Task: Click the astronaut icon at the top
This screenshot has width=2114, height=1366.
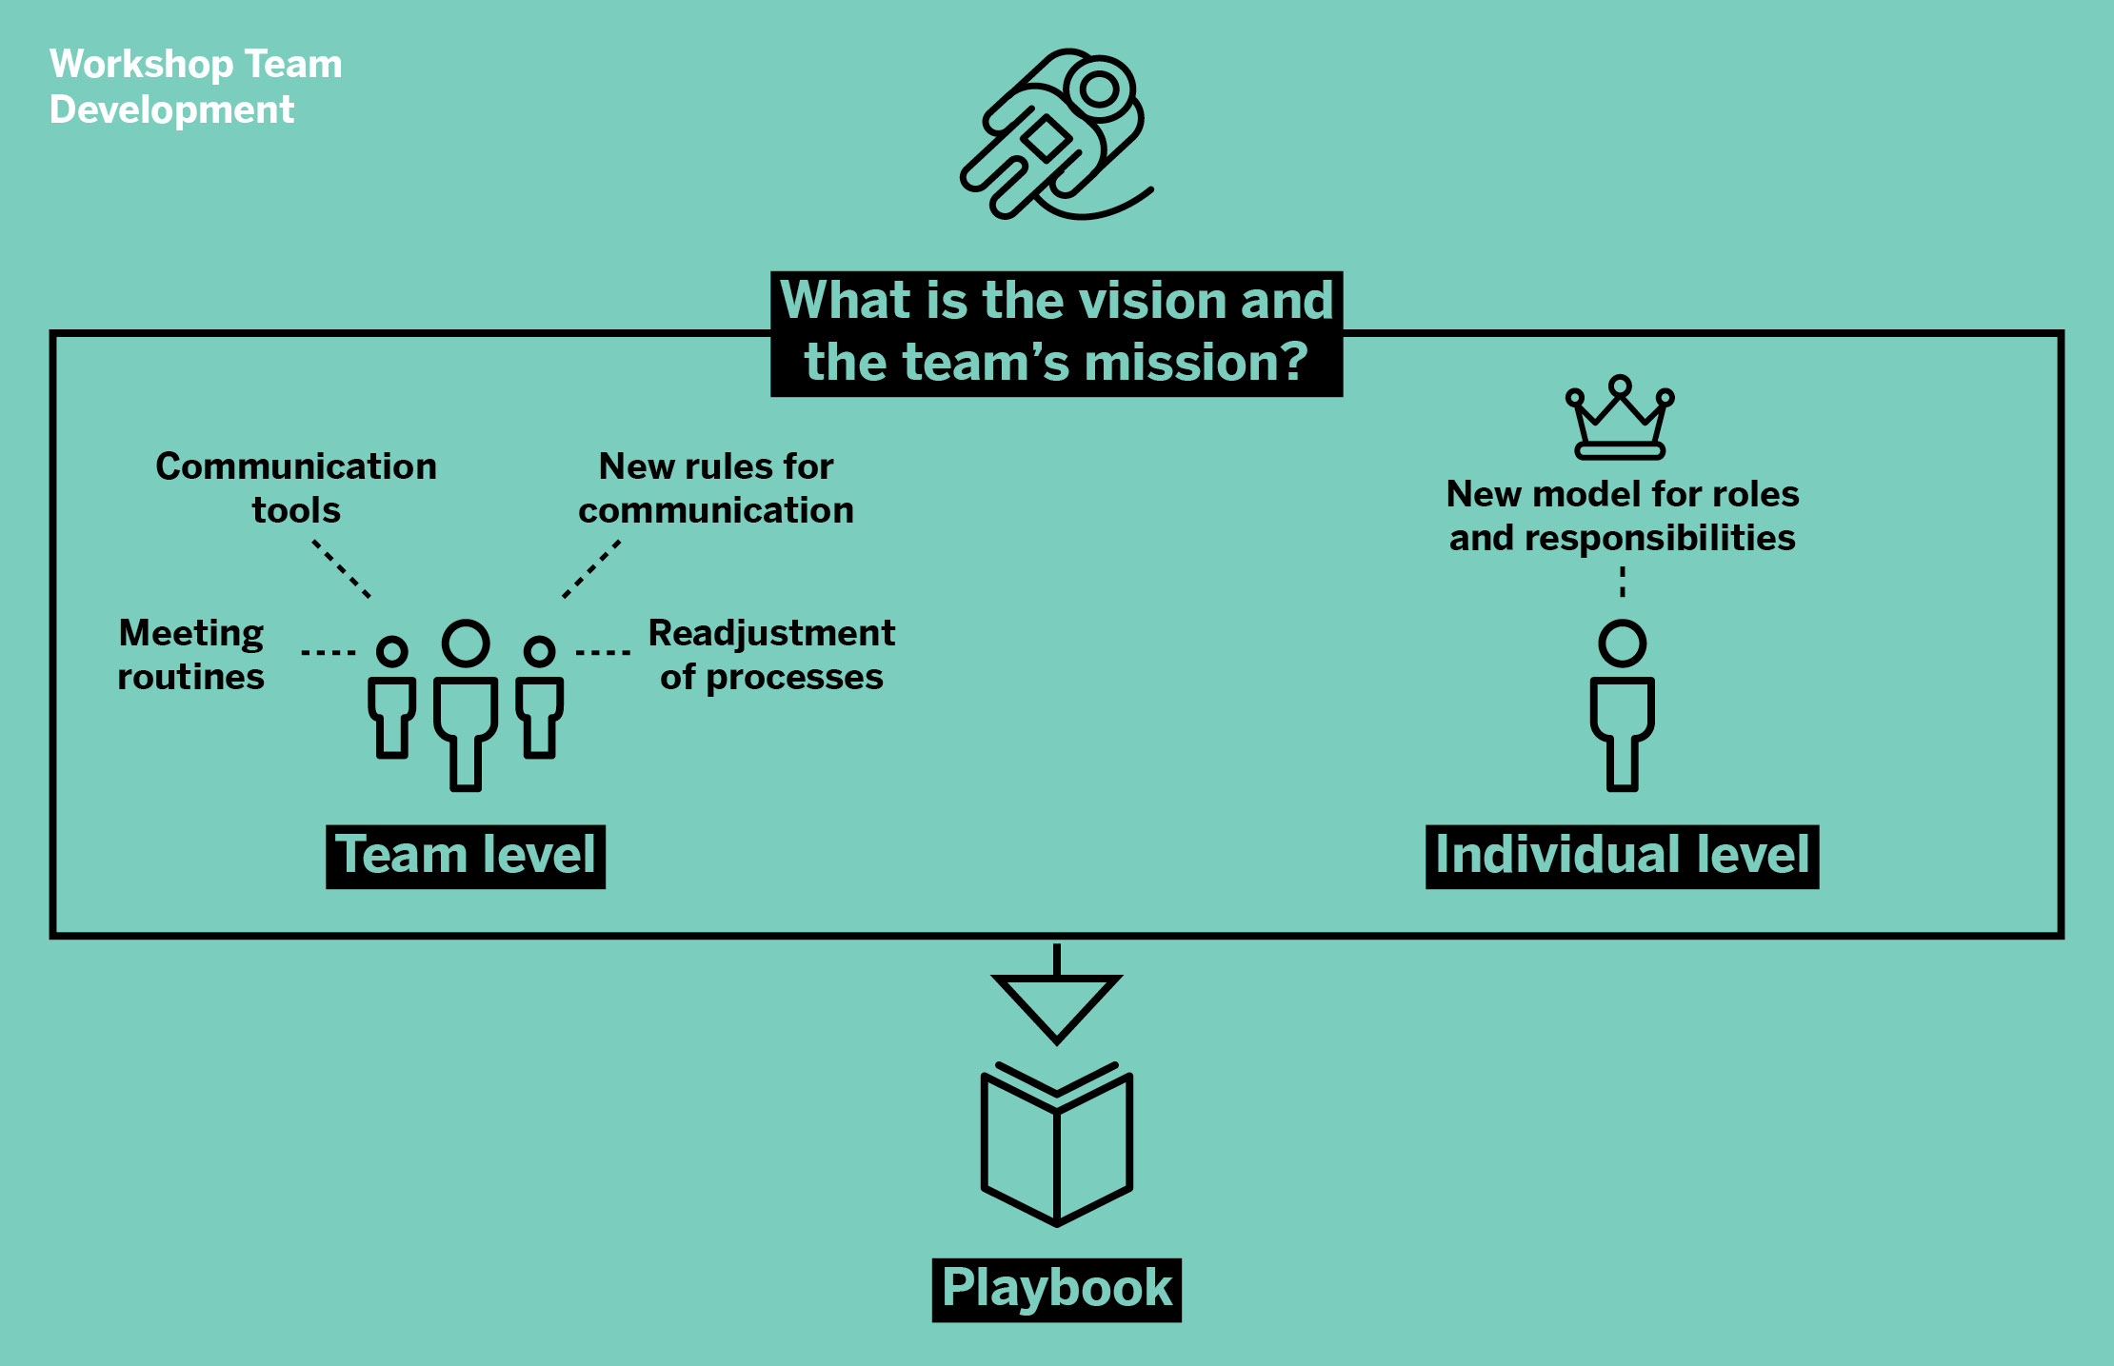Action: point(1055,134)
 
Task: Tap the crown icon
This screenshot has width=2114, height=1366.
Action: point(1620,419)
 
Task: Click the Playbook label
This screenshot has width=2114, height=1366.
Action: point(1056,1289)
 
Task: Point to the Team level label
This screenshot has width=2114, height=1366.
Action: point(466,855)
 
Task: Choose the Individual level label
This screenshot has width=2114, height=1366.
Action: point(1622,855)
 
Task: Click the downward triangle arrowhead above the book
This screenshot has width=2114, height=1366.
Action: point(1056,1004)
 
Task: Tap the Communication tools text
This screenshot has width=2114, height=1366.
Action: point(296,487)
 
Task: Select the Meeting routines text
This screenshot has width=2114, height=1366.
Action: point(191,655)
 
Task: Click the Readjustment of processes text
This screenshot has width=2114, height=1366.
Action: point(771,655)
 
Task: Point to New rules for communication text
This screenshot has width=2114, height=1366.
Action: point(716,487)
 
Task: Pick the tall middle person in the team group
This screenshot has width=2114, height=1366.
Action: point(466,704)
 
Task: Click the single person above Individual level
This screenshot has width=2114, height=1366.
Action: point(1622,704)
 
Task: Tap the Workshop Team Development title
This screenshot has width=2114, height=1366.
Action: point(195,87)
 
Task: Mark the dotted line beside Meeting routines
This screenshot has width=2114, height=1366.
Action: point(329,652)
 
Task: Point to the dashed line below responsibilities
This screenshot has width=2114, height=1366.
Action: point(1623,581)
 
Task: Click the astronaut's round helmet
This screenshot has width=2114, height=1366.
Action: point(1100,89)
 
